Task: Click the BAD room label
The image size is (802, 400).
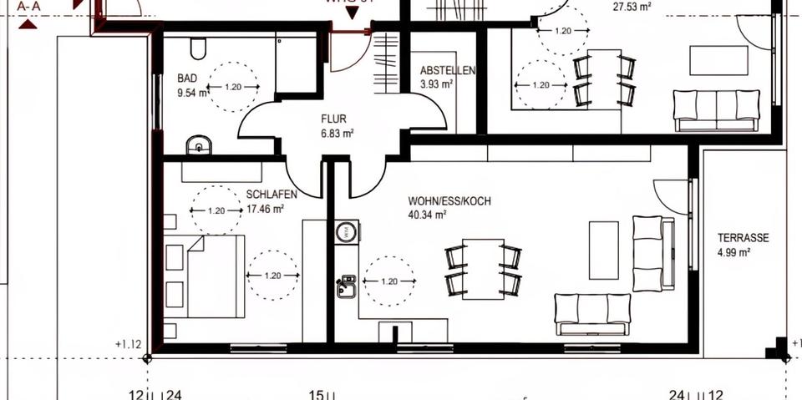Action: (x=186, y=78)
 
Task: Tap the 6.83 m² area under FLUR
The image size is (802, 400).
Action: (x=338, y=134)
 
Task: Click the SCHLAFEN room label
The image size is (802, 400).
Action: (x=272, y=195)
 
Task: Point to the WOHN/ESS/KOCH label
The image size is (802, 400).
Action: (x=449, y=201)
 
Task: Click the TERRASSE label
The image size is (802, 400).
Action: (x=743, y=238)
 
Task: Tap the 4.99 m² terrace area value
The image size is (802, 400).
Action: (x=733, y=252)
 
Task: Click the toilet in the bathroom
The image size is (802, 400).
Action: (x=198, y=50)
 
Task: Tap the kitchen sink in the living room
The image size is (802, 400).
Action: (x=346, y=286)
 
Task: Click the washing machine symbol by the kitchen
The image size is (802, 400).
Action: (x=347, y=232)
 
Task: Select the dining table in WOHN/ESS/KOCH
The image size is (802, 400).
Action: (x=484, y=269)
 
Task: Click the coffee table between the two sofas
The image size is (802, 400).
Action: (x=603, y=250)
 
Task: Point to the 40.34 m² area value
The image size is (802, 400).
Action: (x=427, y=215)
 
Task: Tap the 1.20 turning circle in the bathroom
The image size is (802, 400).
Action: (x=233, y=87)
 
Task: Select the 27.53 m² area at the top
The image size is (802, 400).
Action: (x=632, y=6)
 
